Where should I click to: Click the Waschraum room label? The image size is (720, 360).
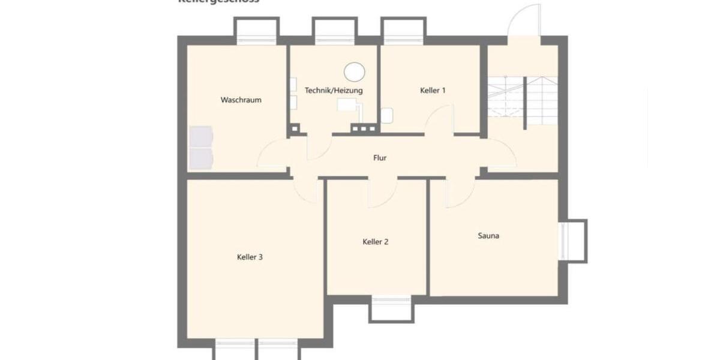coord(241,100)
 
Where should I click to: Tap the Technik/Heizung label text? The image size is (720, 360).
coord(334,91)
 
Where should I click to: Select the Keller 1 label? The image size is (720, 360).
coord(432,91)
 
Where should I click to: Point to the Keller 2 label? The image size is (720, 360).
coord(376,242)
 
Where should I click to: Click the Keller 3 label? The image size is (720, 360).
coord(250,257)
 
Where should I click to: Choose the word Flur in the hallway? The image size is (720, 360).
coord(379,158)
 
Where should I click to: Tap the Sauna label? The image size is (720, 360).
coord(488,236)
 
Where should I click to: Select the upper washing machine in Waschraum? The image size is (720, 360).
coord(201,137)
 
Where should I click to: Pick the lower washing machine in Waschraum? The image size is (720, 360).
coord(201,157)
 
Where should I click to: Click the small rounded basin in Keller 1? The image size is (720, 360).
coord(386,115)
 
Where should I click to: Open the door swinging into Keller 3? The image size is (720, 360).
coord(307,191)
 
